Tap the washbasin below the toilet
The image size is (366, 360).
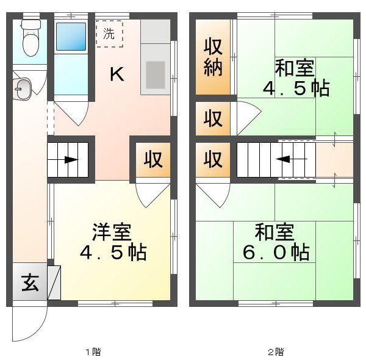pyautogui.click(x=21, y=88)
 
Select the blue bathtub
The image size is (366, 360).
pyautogui.click(x=71, y=37)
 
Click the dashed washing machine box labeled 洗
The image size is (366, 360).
pyautogui.click(x=109, y=34)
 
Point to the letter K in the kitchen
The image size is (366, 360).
pyautogui.click(x=117, y=74)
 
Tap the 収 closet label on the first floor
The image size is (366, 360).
pyautogui.click(x=153, y=160)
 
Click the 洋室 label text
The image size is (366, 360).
pyautogui.click(x=112, y=232)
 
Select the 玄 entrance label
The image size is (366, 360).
pyautogui.click(x=30, y=284)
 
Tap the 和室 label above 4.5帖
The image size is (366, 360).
pyautogui.click(x=295, y=66)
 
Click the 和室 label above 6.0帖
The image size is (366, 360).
pyautogui.click(x=274, y=232)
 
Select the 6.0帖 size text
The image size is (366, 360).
pyautogui.click(x=274, y=251)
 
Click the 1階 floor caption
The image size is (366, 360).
pyautogui.click(x=92, y=351)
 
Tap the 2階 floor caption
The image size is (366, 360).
pyautogui.click(x=274, y=351)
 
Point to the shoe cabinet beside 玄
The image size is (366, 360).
pyautogui.click(x=54, y=283)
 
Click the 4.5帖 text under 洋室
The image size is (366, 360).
pyautogui.click(x=112, y=251)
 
